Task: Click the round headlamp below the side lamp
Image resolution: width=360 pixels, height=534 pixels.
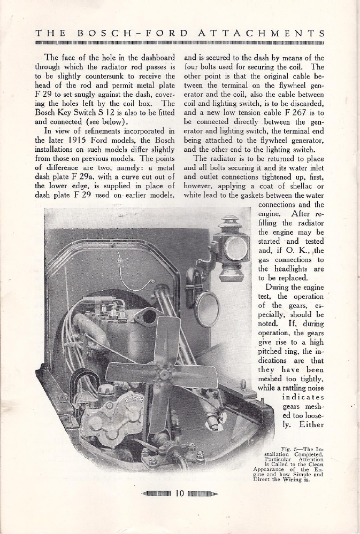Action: [206, 309]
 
